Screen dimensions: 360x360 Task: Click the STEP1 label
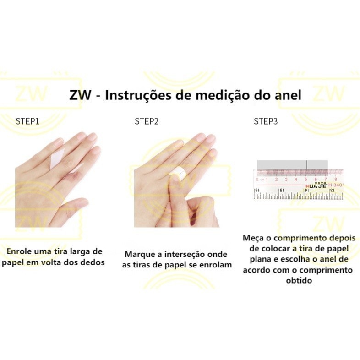click(x=27, y=121)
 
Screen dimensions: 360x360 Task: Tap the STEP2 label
click(x=147, y=121)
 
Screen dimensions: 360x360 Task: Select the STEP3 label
click(x=266, y=121)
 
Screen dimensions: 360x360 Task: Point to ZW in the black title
click(x=80, y=95)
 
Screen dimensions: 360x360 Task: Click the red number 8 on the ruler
click(x=336, y=179)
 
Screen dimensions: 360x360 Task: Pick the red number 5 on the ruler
click(x=306, y=179)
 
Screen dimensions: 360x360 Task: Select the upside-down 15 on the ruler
click(x=282, y=191)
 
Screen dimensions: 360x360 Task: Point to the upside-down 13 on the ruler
click(x=332, y=191)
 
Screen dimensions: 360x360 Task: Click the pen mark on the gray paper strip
click(x=307, y=165)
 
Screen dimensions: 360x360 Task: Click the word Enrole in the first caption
click(x=19, y=251)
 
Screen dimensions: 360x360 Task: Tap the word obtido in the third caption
click(x=299, y=280)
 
